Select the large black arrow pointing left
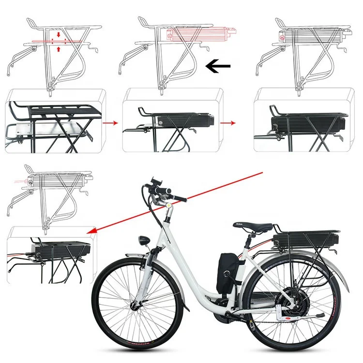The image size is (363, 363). coord(218,67)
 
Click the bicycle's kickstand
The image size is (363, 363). coord(313,318)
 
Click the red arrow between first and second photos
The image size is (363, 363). coord(110,123)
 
